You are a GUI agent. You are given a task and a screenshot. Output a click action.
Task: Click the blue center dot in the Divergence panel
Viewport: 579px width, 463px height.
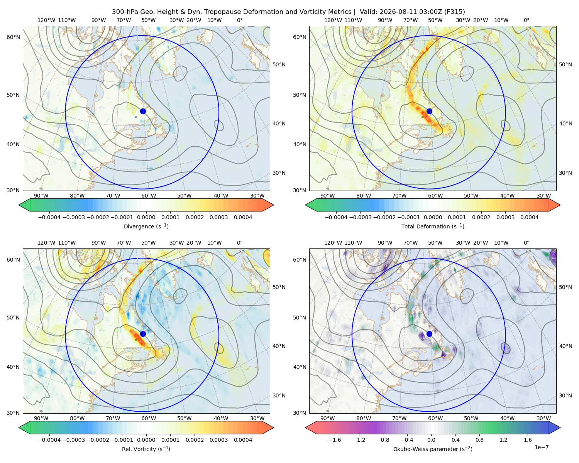143,111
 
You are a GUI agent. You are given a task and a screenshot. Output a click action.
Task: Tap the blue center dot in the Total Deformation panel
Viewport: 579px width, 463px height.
429,111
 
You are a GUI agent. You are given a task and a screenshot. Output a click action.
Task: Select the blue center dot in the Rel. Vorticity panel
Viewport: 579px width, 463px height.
143,334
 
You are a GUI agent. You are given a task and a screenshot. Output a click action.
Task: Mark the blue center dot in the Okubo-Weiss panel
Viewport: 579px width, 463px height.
429,334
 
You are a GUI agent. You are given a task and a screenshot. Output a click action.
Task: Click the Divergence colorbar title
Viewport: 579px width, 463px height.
146,226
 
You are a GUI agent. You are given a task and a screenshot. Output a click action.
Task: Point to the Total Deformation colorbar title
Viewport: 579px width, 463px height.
433,226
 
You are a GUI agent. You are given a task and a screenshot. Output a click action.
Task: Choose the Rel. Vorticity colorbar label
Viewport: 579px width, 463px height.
146,449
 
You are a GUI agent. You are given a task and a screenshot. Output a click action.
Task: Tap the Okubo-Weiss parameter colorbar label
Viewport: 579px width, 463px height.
433,449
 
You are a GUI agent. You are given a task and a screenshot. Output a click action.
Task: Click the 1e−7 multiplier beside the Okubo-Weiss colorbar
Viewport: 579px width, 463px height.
541,447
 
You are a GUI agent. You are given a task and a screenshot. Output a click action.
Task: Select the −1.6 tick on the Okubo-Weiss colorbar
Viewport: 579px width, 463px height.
335,440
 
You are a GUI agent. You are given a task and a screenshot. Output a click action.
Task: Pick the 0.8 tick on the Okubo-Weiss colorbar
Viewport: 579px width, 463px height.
479,440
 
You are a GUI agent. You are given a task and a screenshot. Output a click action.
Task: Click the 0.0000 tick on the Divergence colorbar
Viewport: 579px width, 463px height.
146,217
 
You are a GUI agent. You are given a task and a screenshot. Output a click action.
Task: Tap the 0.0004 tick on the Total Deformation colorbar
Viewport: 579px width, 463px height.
529,217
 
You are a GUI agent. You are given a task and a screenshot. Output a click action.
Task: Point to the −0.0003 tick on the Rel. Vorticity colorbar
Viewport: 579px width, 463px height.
73,440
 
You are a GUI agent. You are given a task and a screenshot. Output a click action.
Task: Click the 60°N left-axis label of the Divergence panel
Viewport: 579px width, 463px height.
13,37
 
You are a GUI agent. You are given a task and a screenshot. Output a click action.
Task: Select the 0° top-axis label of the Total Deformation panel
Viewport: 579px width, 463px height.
526,20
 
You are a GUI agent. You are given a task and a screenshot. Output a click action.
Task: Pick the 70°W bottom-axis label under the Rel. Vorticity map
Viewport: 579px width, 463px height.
113,418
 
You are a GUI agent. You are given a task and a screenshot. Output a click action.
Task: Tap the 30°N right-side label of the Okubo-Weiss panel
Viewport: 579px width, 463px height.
565,395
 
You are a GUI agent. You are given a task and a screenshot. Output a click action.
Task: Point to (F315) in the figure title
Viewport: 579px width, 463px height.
454,12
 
